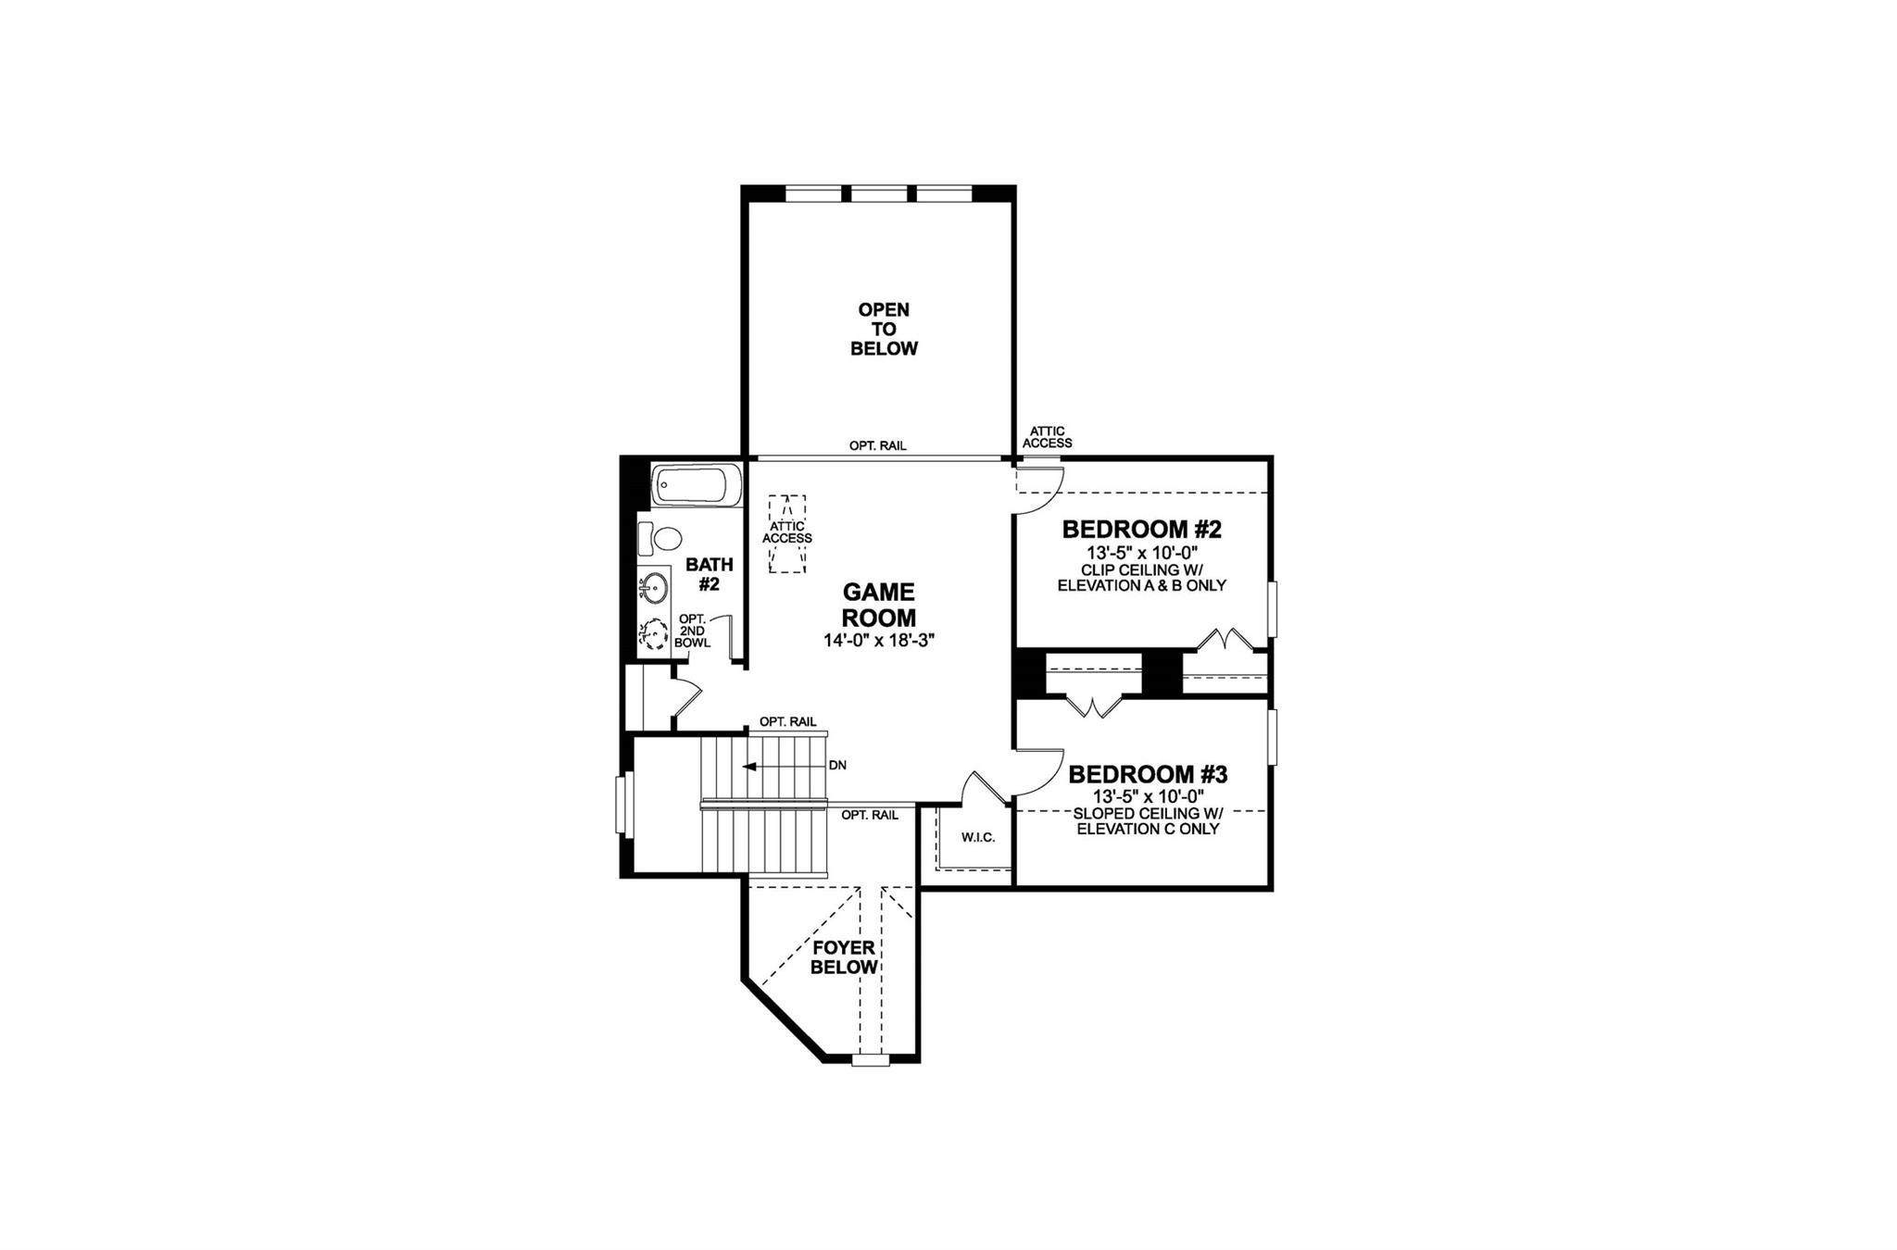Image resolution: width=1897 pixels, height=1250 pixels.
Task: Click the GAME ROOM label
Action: coord(878,605)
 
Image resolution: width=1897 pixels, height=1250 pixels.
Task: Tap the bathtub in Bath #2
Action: coord(697,485)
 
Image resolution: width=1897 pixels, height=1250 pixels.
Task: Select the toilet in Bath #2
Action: coord(661,537)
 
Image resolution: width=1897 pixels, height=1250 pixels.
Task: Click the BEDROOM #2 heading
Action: coord(1141,530)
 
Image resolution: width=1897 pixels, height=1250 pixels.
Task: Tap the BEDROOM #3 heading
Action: coord(1148,774)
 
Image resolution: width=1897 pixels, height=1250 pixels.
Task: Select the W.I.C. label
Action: coord(977,837)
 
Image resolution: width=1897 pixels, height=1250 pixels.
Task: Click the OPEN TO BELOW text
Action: coord(884,329)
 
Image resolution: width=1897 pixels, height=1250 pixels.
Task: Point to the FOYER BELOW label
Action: coord(844,957)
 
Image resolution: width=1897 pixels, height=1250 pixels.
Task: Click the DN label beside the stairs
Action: coord(837,766)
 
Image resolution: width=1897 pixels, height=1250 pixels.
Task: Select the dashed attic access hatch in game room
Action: coord(787,534)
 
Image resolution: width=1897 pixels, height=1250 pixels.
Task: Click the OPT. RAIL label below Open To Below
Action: coord(877,445)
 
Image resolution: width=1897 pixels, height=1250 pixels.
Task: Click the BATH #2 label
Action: coord(709,574)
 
